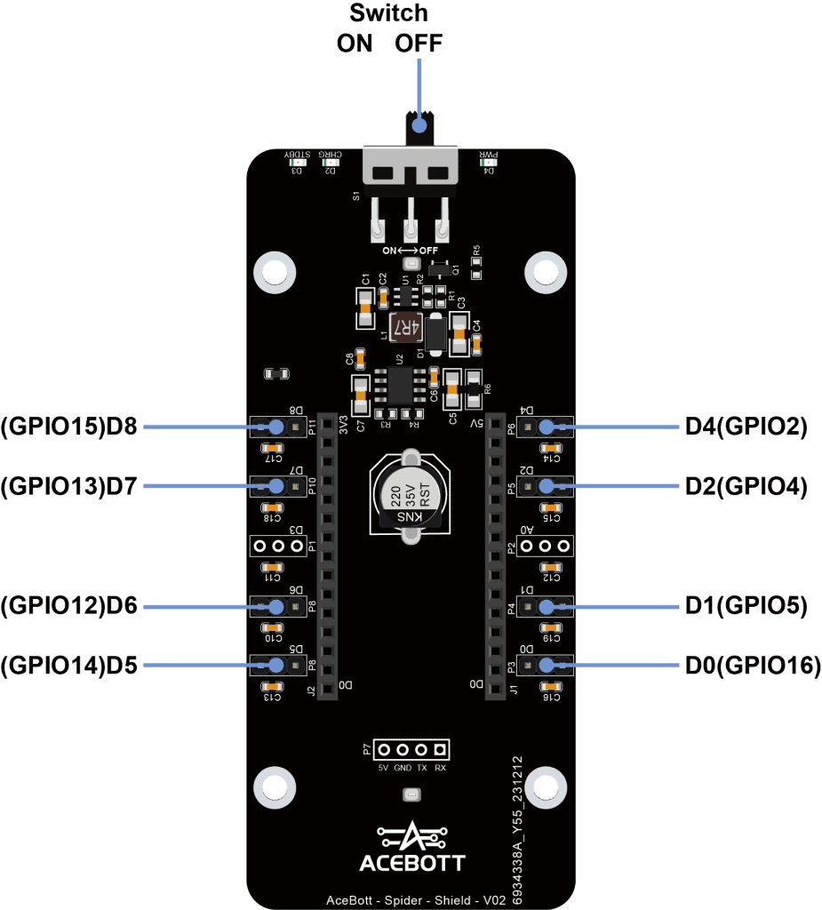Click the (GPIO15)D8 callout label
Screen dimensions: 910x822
[x=69, y=427]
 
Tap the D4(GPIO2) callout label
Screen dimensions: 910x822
[x=746, y=427]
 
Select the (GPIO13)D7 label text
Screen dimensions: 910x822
[x=69, y=486]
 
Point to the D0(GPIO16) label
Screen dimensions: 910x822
[x=751, y=665]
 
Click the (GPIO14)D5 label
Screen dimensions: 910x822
[x=69, y=665]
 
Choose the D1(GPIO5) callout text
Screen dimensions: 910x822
[x=746, y=606]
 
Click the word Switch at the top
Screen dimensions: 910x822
[x=388, y=13]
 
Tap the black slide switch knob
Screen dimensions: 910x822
[x=419, y=127]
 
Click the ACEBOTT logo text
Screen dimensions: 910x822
[x=411, y=862]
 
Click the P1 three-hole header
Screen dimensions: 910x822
[x=277, y=546]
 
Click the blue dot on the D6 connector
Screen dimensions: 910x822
[x=275, y=607]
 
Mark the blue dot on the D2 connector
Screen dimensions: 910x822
[x=546, y=486]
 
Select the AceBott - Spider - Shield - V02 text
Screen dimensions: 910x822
[x=416, y=899]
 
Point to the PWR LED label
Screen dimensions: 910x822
[x=489, y=153]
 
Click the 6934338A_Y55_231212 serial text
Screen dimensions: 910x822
[x=518, y=830]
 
